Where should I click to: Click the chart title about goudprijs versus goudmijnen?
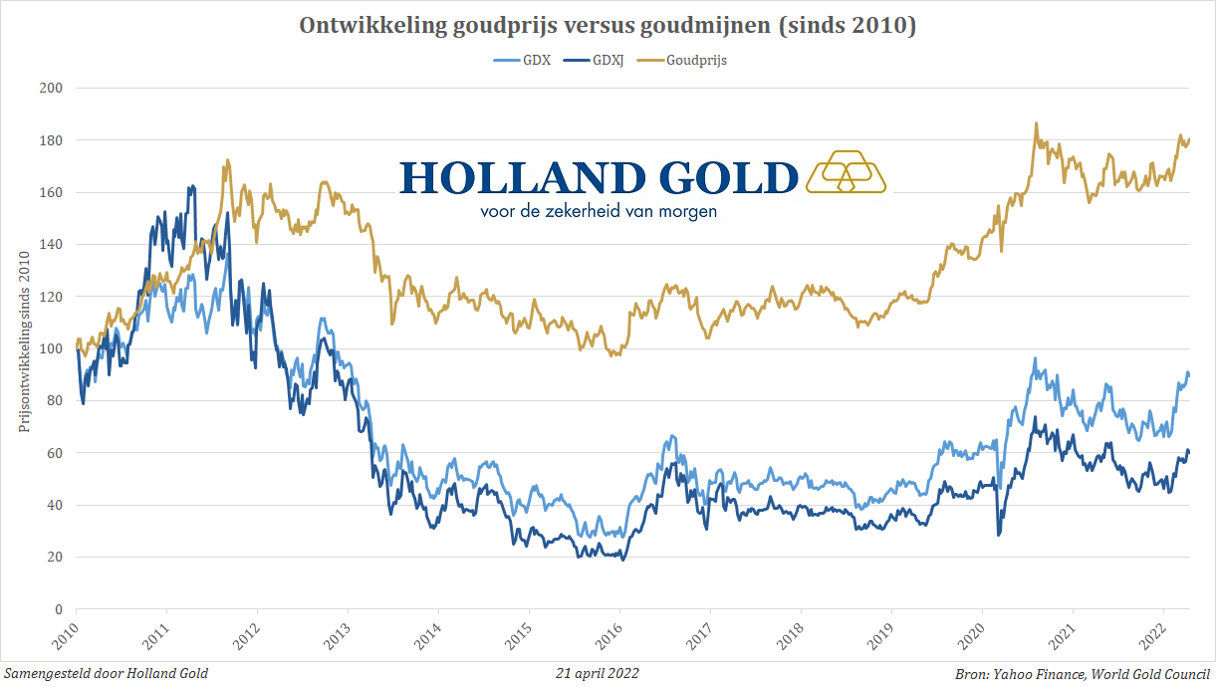tap(608, 26)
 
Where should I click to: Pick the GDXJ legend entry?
tap(607, 61)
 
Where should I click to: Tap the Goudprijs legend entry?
tap(695, 61)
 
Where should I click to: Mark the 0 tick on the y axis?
tap(58, 609)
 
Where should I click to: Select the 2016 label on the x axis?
tap(618, 635)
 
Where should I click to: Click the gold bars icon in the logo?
tap(846, 171)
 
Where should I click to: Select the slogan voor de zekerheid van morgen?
tap(599, 211)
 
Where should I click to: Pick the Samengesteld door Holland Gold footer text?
tap(106, 673)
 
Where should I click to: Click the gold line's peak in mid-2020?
tap(1036, 124)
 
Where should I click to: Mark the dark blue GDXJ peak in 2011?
tap(191, 186)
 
